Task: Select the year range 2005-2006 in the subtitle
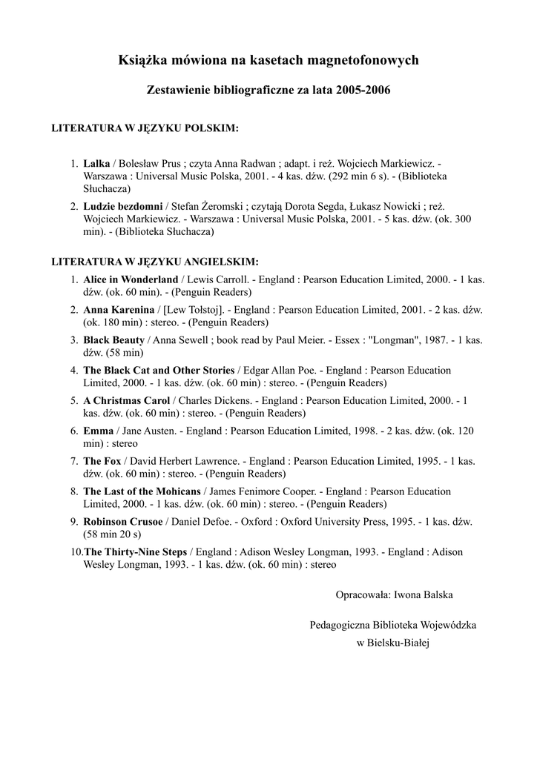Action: click(x=363, y=90)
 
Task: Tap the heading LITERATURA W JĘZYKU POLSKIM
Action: click(x=144, y=128)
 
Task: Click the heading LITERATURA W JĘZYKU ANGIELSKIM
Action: click(x=154, y=262)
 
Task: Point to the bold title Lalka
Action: click(x=96, y=163)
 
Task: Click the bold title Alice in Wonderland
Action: click(x=131, y=279)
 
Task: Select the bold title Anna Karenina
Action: click(x=119, y=310)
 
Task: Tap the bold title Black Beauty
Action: click(x=113, y=339)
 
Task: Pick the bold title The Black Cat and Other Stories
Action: click(x=159, y=370)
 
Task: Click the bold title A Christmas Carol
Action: click(x=126, y=400)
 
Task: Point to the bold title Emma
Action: click(x=98, y=431)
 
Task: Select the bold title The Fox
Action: click(x=102, y=461)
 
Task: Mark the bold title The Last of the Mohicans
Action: click(x=142, y=491)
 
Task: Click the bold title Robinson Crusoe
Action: click(x=122, y=521)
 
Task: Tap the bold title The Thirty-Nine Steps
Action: click(x=136, y=551)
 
